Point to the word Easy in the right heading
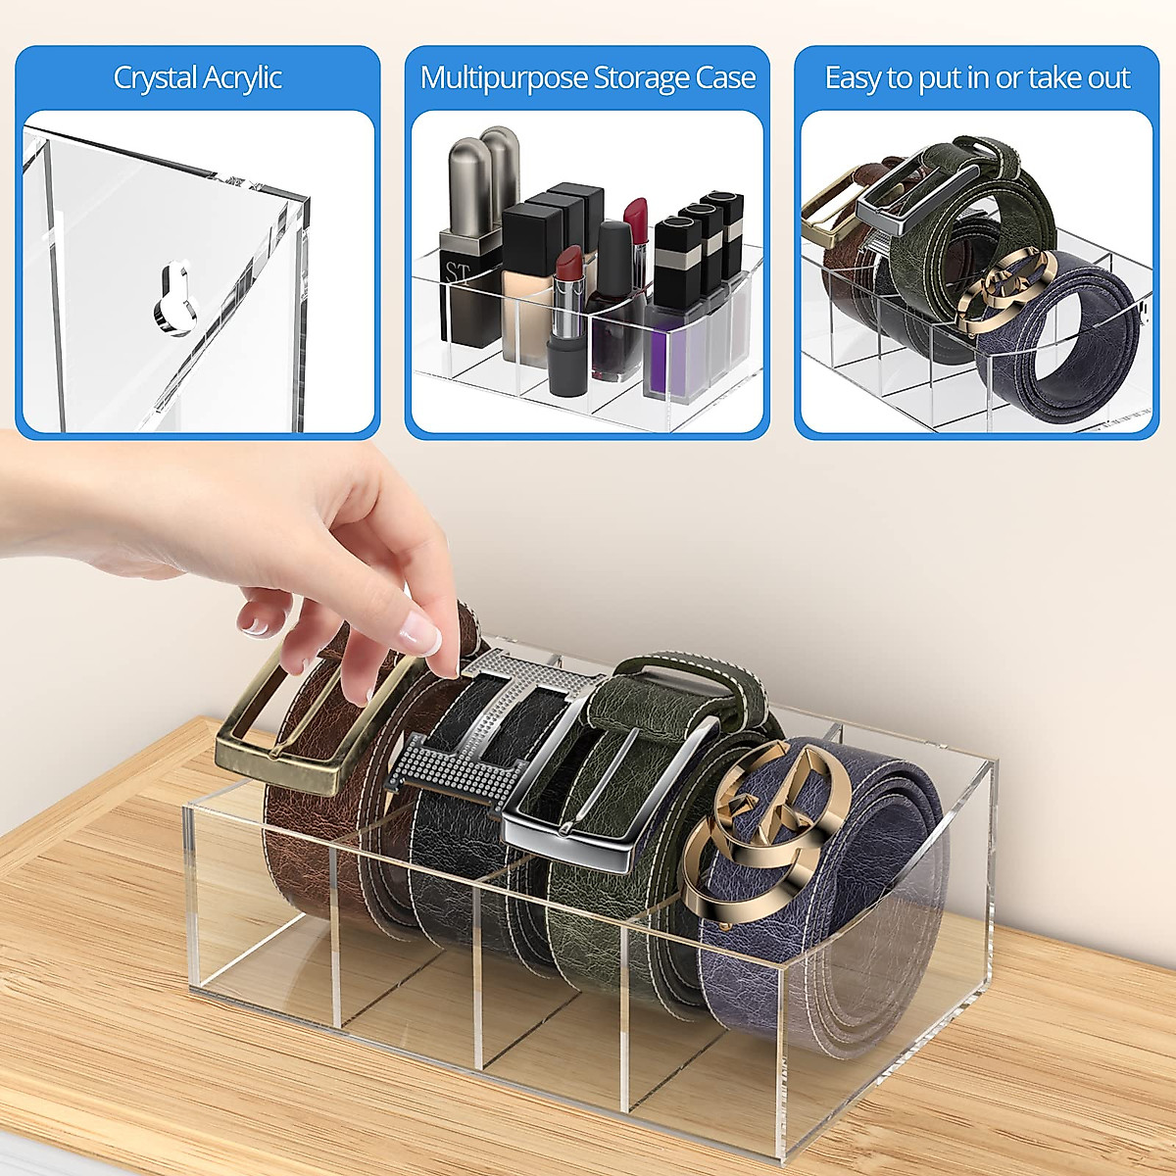(x=851, y=78)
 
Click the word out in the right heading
(x=1107, y=78)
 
